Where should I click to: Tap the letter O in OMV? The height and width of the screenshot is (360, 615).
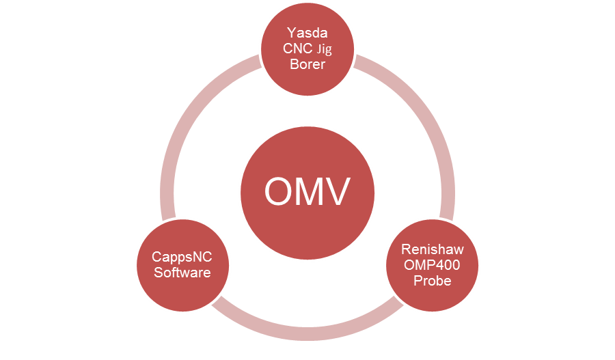tap(280, 192)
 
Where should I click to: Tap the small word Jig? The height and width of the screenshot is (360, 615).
tap(324, 49)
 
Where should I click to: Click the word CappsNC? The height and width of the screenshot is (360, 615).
tap(182, 259)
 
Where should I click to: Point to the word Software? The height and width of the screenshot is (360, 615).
tap(182, 273)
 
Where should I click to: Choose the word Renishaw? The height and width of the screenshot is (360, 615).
tap(432, 250)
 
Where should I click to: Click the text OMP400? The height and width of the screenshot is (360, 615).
tap(432, 265)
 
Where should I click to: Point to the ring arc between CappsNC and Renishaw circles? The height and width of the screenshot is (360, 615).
tap(307, 332)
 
